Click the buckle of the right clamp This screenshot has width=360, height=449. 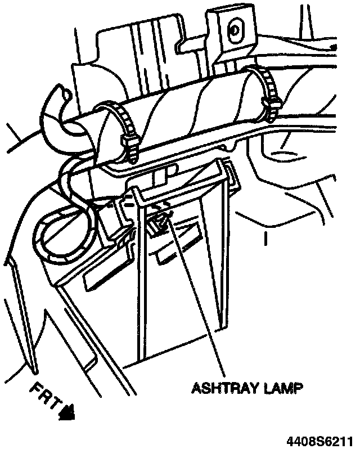(x=276, y=107)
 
